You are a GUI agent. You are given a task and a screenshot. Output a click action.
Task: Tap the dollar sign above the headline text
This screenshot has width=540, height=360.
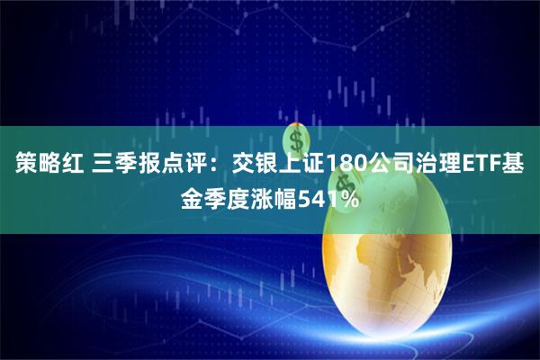pos(298,139)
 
